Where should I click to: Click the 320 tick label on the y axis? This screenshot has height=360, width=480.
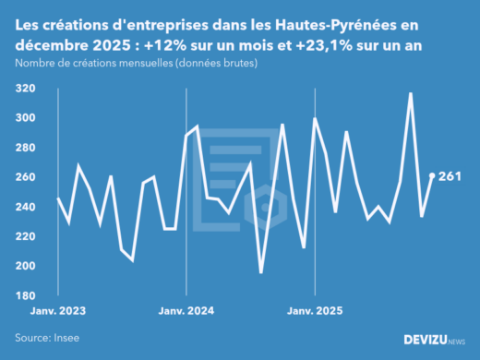(x=25, y=89)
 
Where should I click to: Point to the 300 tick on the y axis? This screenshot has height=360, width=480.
(x=25, y=118)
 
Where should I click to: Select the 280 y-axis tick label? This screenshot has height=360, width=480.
(x=25, y=148)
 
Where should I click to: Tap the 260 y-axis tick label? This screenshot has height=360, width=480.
(x=25, y=177)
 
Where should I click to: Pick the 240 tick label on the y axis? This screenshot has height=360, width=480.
(x=25, y=207)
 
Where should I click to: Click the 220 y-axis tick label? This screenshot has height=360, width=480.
(x=25, y=236)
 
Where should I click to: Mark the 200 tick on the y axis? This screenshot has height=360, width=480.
(x=25, y=266)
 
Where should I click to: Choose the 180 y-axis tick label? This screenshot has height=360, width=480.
(x=25, y=295)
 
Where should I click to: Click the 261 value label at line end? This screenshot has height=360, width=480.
(x=450, y=175)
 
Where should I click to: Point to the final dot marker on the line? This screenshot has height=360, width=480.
(x=432, y=175)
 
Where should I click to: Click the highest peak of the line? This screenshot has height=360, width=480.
(x=410, y=93)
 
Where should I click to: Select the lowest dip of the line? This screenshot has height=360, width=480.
(x=261, y=272)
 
